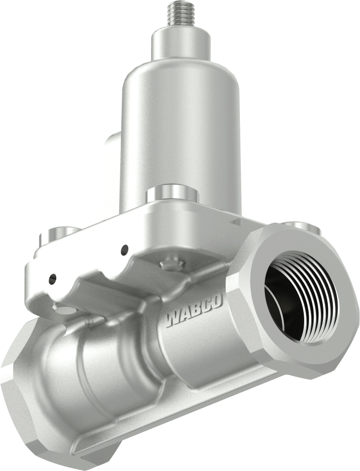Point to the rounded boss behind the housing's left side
coord(113,164)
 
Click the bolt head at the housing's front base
coord(172,193)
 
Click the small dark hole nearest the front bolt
coord(125,249)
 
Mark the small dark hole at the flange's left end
coord(52,279)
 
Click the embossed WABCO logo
coord(193,311)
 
